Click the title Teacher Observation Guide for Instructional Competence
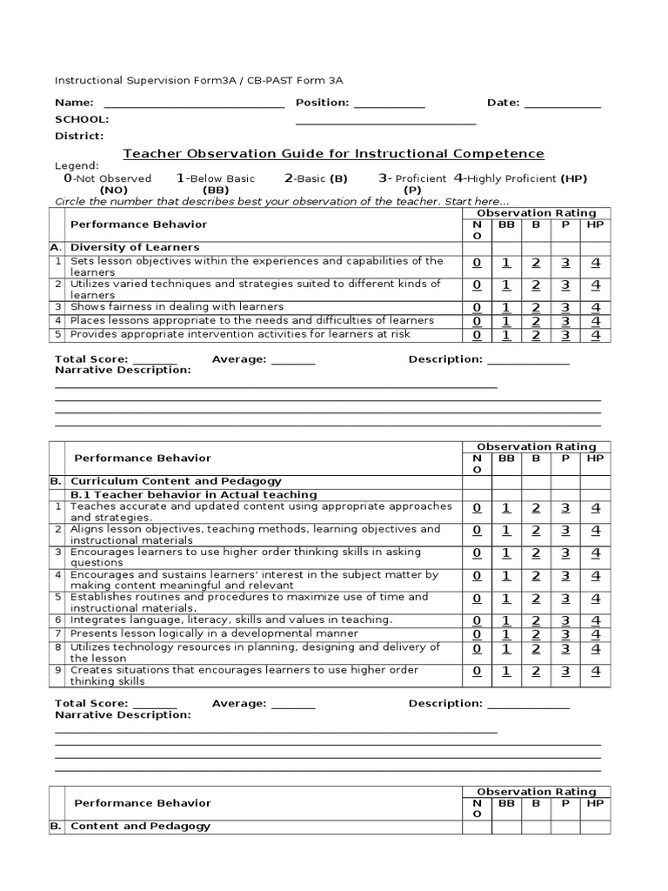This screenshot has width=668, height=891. click(333, 154)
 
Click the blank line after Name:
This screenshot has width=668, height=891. click(193, 104)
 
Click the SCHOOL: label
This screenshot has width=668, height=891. click(82, 119)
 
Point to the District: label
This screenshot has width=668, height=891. click(79, 136)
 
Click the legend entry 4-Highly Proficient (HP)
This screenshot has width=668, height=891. click(520, 178)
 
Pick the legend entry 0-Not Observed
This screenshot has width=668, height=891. click(108, 178)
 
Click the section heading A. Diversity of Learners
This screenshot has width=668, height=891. click(134, 247)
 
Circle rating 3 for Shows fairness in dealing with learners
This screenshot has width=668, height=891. click(565, 307)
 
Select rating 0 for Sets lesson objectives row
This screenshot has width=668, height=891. click(477, 262)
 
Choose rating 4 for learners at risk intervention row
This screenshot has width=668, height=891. click(596, 335)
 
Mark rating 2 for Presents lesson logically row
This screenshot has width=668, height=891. click(536, 634)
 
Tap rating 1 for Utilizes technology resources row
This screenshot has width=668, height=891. click(506, 649)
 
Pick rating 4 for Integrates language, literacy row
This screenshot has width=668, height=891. click(596, 620)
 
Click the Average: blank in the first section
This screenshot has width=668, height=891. click(293, 360)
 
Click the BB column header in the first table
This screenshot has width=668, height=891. click(506, 224)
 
